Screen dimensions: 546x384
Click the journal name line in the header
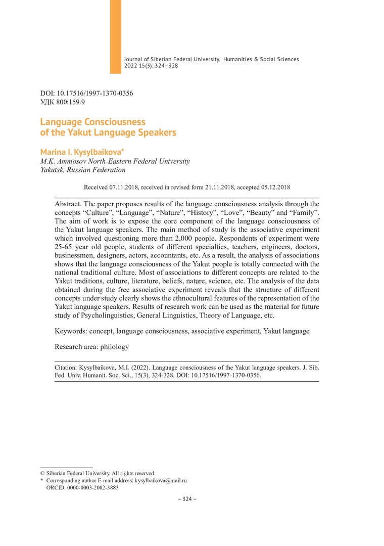point(211,59)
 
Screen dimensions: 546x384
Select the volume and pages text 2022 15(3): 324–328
point(151,66)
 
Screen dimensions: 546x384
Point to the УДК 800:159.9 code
point(63,102)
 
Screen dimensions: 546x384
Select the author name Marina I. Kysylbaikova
point(83,153)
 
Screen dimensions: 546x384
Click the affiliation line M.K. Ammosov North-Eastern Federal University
point(115,161)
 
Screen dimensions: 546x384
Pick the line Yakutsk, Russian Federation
point(83,170)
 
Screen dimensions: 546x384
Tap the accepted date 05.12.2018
point(276,187)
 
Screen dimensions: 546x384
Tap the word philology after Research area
point(115,347)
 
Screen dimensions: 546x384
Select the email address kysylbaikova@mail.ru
point(161,480)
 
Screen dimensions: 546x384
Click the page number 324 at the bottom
point(187,499)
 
